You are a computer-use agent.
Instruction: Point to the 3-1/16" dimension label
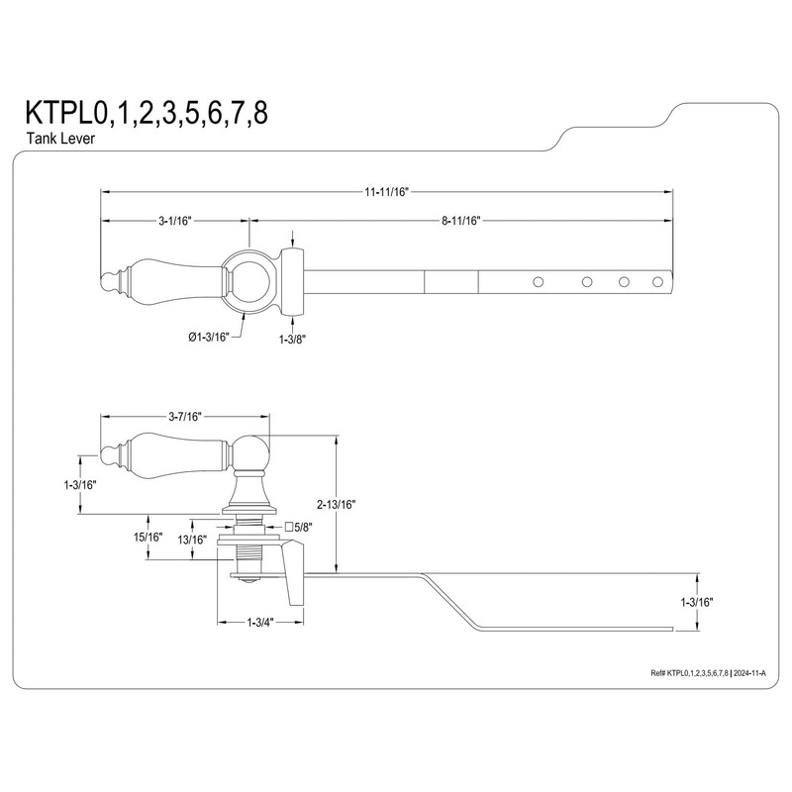coord(173,221)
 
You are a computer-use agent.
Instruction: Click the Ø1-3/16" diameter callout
coord(208,338)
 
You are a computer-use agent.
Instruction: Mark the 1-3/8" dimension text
coord(293,338)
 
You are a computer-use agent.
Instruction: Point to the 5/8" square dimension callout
coord(299,527)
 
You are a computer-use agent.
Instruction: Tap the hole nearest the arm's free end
coord(658,282)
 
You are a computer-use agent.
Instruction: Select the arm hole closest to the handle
coord(539,282)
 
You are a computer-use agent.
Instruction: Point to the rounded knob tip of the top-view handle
coord(108,281)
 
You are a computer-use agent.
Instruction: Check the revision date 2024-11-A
coord(755,672)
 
